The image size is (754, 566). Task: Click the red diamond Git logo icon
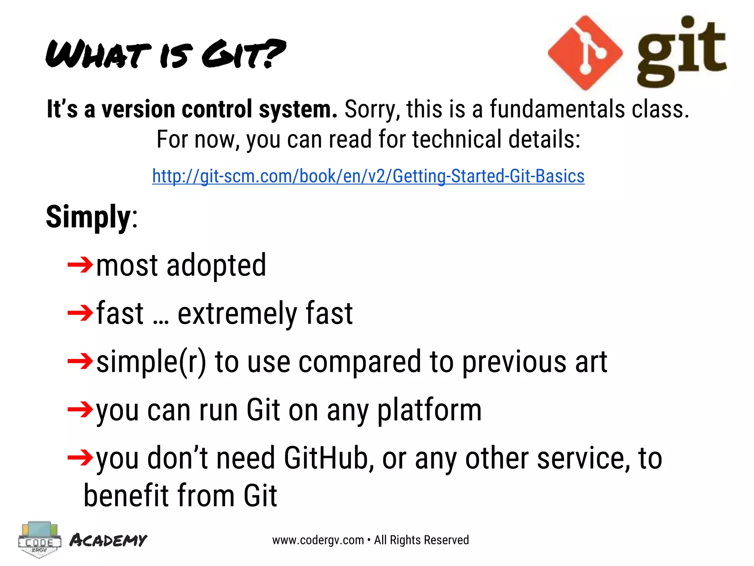point(585,53)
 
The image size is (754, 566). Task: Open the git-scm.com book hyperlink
point(368,176)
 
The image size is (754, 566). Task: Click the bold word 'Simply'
point(88,217)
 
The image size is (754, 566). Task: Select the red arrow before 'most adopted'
point(80,265)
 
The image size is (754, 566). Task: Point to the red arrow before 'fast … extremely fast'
point(80,313)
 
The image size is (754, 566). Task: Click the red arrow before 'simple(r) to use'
point(80,361)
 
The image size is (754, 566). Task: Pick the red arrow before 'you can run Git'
point(80,409)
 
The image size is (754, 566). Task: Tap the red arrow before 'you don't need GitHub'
point(80,457)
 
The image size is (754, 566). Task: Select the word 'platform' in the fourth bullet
point(429,410)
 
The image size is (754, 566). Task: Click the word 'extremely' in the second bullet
point(237,314)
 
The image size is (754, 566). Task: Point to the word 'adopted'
point(216,266)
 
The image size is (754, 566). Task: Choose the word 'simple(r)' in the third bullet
point(151,362)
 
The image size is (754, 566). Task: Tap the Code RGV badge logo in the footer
point(39,539)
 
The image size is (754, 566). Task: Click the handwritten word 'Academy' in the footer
point(108,540)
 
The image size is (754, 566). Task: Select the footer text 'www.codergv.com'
point(318,540)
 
